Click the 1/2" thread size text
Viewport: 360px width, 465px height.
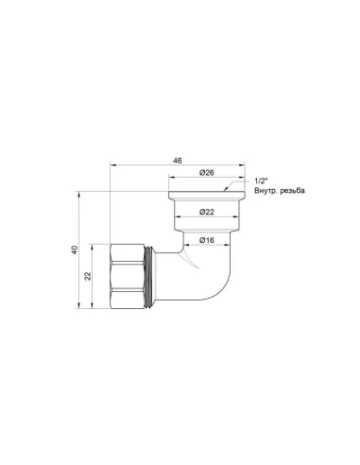pyautogui.click(x=262, y=180)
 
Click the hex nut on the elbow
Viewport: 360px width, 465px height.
pyautogui.click(x=124, y=276)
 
